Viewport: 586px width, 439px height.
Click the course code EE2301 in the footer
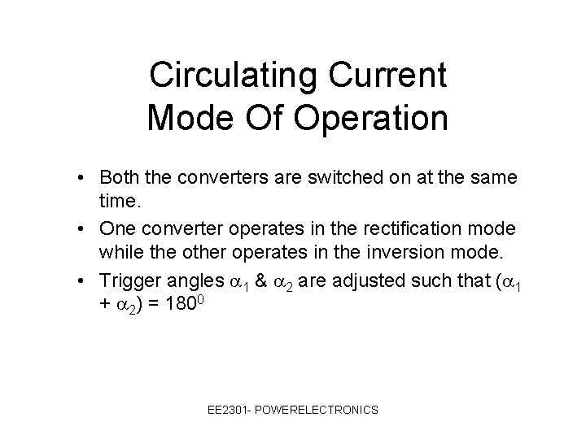[x=230, y=411]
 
